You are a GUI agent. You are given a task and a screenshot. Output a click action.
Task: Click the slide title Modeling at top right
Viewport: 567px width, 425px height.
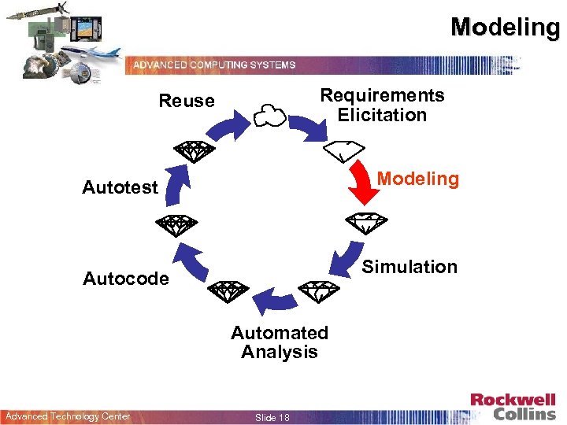505,27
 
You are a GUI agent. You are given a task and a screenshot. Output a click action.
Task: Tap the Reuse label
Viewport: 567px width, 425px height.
187,101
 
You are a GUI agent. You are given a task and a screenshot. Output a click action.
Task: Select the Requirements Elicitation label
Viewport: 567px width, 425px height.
382,105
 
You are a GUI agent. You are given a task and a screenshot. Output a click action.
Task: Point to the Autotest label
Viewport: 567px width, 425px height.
120,187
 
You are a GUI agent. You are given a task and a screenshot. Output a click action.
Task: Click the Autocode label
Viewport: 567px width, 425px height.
126,279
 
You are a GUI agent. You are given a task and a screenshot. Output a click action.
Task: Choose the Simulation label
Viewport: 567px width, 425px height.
409,267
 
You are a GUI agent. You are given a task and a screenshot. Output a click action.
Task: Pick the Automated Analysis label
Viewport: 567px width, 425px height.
280,342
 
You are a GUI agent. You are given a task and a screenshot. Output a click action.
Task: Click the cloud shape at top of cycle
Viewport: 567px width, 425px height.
269,116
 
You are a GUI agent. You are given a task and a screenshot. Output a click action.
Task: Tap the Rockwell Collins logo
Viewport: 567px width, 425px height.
513,407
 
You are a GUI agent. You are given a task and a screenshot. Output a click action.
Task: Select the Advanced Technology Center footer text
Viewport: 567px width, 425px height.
68,416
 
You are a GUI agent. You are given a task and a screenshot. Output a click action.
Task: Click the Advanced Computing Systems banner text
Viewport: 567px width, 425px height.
214,65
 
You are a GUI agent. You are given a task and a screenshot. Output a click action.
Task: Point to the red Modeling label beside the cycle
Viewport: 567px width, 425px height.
417,179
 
